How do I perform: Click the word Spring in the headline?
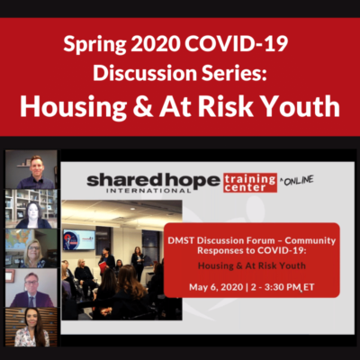[94, 45]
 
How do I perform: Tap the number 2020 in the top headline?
[156, 43]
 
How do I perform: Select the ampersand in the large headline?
[143, 106]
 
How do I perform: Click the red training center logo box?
[250, 183]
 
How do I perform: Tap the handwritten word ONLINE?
[299, 180]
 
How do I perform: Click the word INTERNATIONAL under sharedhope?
[148, 190]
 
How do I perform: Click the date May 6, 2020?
[216, 287]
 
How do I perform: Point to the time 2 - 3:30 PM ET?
[283, 287]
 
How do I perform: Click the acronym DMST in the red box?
[181, 240]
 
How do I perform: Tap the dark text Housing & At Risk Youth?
[252, 265]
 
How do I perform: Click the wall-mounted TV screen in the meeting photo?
[79, 239]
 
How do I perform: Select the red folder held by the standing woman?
[103, 266]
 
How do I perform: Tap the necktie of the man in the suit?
[31, 301]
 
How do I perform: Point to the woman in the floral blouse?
[31, 328]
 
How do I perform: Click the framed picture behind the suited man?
[10, 275]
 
